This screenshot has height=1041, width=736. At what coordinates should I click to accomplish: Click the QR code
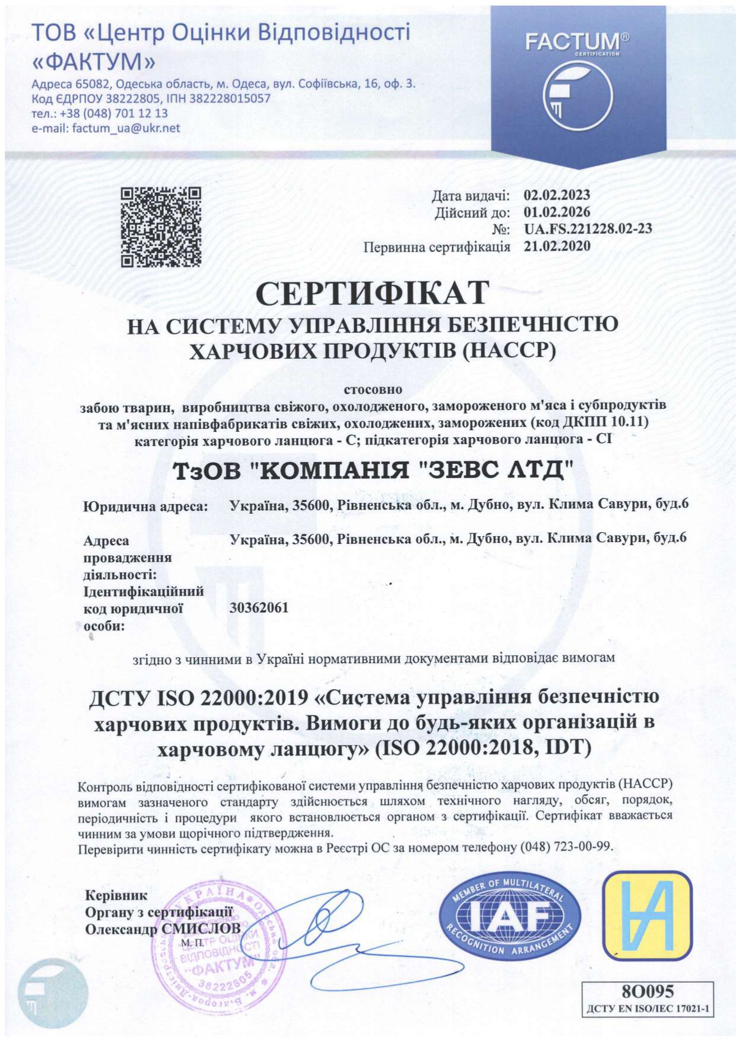coord(161,227)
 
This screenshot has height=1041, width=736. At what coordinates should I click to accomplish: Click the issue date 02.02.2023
coord(557,195)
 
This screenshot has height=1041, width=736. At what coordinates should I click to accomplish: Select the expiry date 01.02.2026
coord(557,212)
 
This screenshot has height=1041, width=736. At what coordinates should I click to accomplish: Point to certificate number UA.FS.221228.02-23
coord(588,228)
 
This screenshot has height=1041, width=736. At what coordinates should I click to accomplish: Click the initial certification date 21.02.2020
coord(557,246)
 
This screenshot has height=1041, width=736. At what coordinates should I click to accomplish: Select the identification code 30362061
coord(259,607)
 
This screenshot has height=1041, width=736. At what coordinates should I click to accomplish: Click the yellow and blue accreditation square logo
coord(647,915)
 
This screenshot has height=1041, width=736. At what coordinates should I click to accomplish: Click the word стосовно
coord(373,390)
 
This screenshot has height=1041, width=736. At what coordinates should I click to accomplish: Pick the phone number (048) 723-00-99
coord(566,846)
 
